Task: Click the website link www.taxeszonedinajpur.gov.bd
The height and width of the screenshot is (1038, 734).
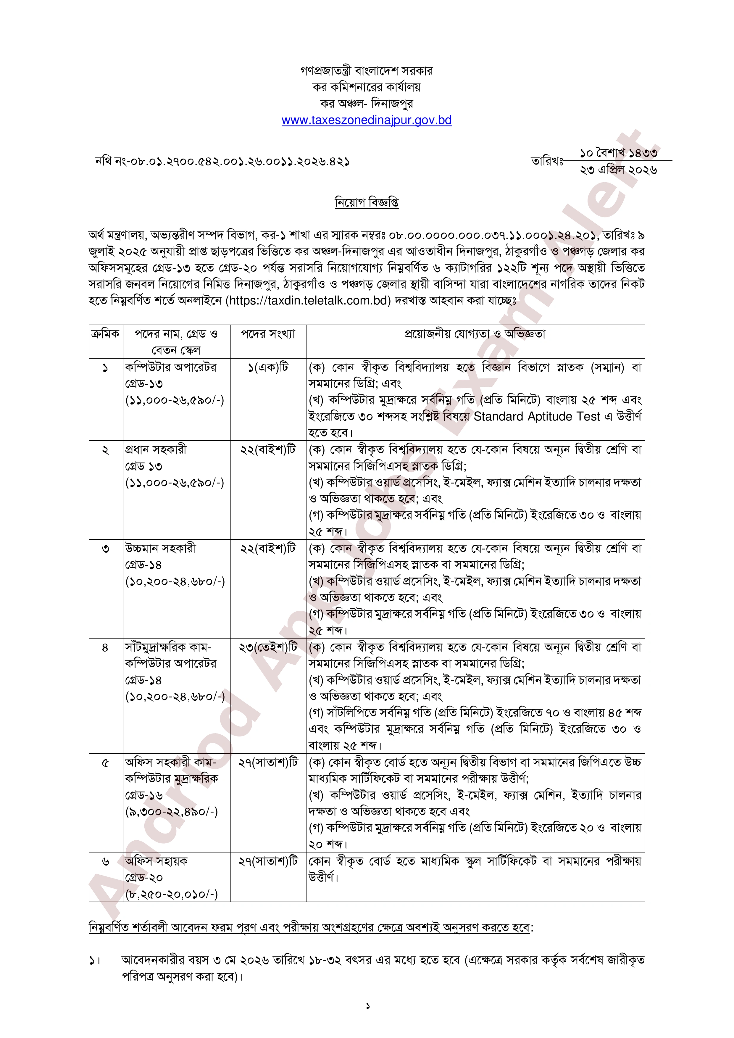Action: [367, 120]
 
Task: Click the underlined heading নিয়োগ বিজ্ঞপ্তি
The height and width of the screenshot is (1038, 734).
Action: [367, 202]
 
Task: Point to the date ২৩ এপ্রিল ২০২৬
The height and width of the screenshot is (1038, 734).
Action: [618, 170]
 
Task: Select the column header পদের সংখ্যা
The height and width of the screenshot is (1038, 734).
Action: [268, 334]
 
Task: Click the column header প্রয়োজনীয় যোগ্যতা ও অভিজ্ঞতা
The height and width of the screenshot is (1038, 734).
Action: [475, 334]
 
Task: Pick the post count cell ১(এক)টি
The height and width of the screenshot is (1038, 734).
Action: [268, 367]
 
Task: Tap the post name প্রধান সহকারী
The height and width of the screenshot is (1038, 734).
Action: [156, 449]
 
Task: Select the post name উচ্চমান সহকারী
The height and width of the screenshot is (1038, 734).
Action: [160, 548]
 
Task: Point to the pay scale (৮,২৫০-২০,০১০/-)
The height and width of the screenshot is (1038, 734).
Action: [172, 894]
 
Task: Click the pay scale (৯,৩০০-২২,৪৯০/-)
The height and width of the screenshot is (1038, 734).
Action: [172, 812]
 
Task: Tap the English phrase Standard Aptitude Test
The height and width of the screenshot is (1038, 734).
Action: [536, 416]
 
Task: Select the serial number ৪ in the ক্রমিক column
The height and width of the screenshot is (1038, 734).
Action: [105, 648]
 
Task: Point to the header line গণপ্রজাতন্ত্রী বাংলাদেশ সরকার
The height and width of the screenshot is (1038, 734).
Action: [367, 71]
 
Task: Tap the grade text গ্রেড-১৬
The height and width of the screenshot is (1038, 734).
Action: [144, 795]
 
